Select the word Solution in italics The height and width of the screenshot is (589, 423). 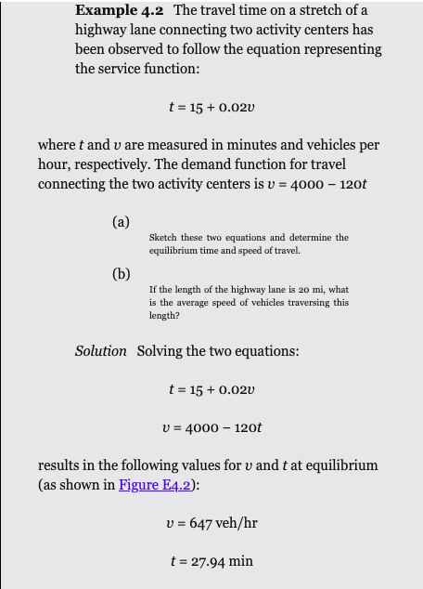[x=100, y=350]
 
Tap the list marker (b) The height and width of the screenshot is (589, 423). [x=121, y=274]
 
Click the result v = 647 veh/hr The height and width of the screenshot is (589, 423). [x=211, y=523]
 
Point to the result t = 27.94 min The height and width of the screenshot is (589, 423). [x=211, y=560]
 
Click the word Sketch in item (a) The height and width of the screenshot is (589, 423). [x=163, y=238]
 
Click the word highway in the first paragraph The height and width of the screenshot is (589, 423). [x=101, y=30]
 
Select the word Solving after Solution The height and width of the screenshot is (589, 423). [x=159, y=350]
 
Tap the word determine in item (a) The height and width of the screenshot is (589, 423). [x=307, y=238]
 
